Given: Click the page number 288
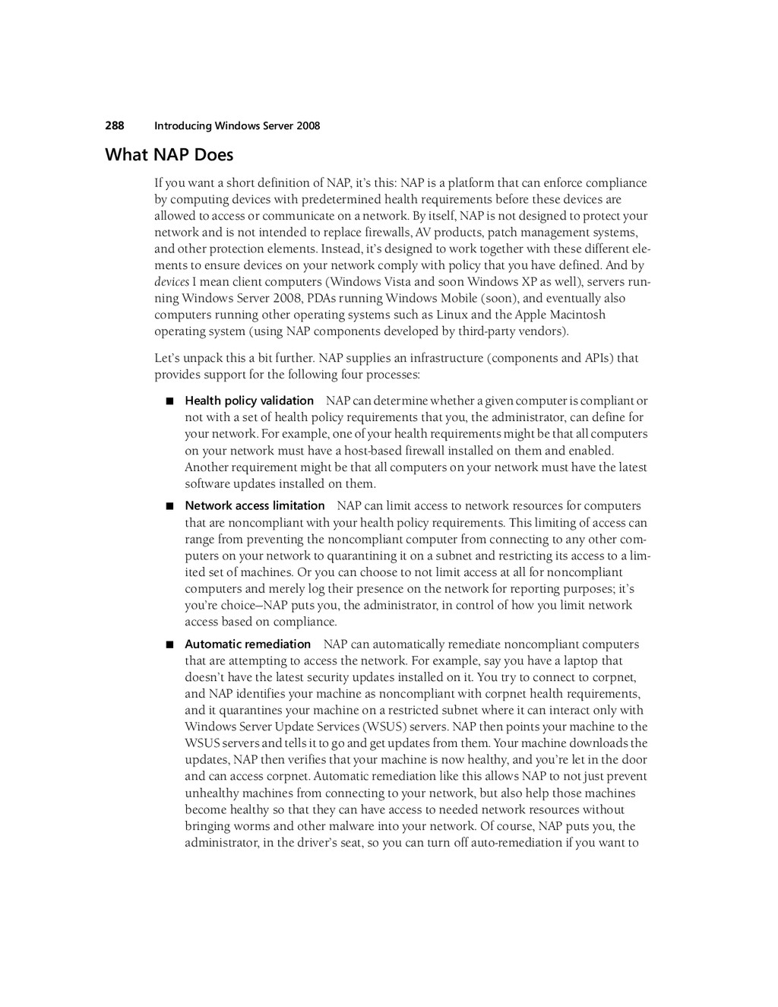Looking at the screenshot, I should coord(114,125).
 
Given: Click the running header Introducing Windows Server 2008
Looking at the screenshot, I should coord(237,125).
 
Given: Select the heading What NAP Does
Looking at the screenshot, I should coord(169,155).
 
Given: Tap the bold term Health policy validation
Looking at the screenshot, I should coord(249,401).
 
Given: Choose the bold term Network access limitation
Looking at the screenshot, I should coord(255,505).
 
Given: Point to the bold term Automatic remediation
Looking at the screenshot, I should coord(248,644).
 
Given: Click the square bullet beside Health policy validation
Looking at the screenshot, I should coord(169,401).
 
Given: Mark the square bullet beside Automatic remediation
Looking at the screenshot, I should coord(169,644).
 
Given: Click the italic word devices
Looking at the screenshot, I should coord(172,281).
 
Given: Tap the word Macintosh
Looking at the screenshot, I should coord(577,315).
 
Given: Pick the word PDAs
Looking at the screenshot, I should coord(322,298).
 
